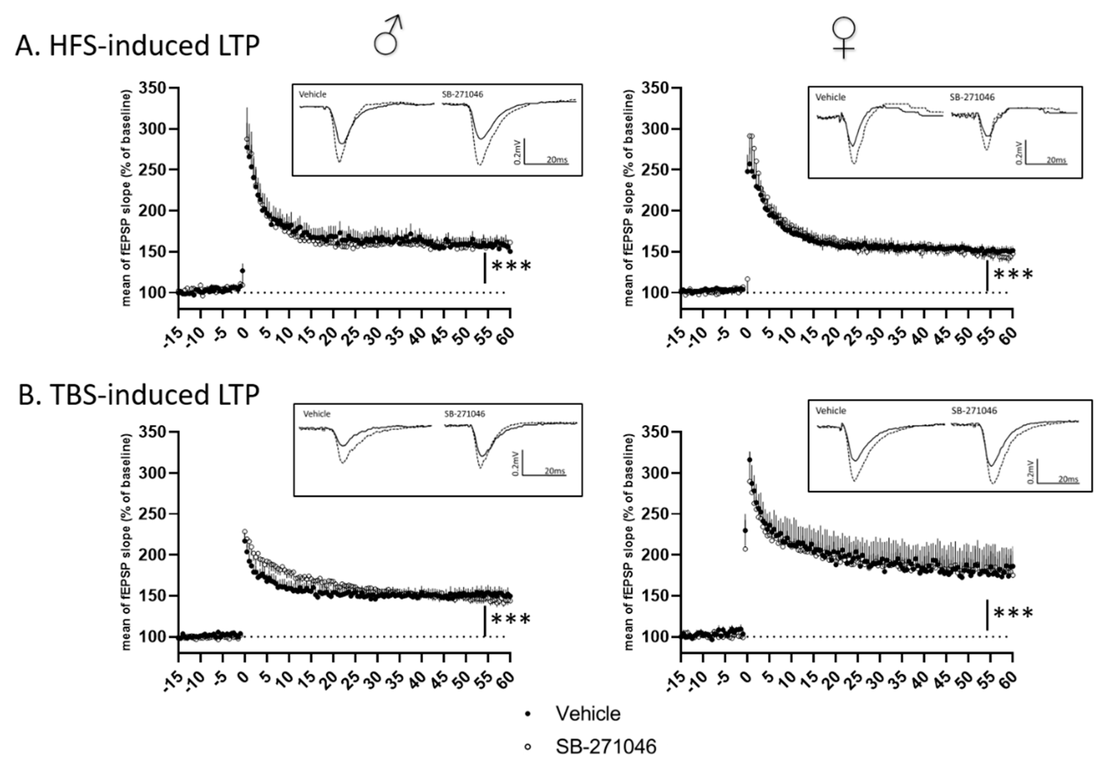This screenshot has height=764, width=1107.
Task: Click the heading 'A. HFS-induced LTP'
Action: pos(137,47)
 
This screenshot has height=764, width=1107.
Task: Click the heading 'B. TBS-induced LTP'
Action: pos(139,396)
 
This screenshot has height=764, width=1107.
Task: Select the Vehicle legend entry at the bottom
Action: pos(587,714)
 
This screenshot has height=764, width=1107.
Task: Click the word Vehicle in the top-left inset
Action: pos(313,94)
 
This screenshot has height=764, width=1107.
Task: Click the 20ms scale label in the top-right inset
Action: pos(1056,160)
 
